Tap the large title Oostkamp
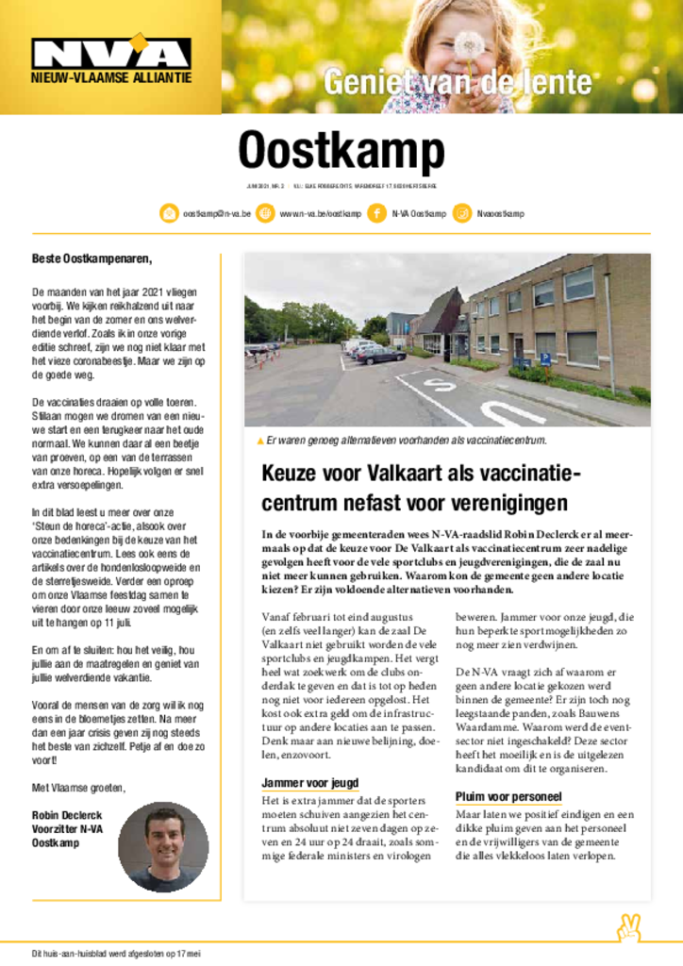pyautogui.click(x=341, y=150)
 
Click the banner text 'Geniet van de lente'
pyautogui.click(x=458, y=83)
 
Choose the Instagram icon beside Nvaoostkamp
pyautogui.click(x=462, y=213)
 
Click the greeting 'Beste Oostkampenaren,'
pyautogui.click(x=92, y=258)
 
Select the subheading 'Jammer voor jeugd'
pyautogui.click(x=309, y=783)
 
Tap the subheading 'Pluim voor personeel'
pyautogui.click(x=508, y=795)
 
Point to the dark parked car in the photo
pyautogui.click(x=381, y=356)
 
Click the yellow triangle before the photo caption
pyautogui.click(x=260, y=441)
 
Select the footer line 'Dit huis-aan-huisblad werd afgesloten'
pyautogui.click(x=117, y=954)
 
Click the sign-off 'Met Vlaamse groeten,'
pyautogui.click(x=78, y=787)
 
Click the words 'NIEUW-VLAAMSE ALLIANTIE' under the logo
pyautogui.click(x=110, y=77)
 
